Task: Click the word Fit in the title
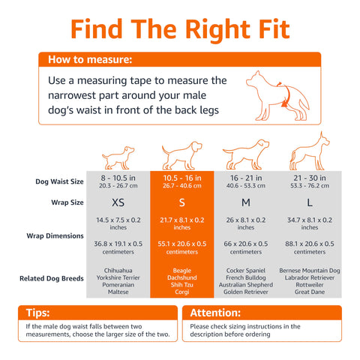pos(274,29)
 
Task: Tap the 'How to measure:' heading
pos(90,59)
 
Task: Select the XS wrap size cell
pos(118,202)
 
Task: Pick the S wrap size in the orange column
pos(182,202)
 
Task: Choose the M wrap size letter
pos(246,202)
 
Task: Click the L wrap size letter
pos(310,202)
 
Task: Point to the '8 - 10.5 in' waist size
pos(118,178)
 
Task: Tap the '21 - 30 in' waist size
pos(310,178)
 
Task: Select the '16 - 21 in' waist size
pos(246,178)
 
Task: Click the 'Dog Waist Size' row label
pos(59,181)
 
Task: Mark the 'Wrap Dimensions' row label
pos(55,235)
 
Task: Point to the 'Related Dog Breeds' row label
pos(52,278)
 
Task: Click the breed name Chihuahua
pos(118,271)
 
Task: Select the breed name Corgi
pos(182,292)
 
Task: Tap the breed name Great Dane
pos(310,292)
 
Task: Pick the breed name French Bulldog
pos(246,277)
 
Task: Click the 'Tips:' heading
pos(37,313)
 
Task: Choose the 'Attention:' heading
pos(215,313)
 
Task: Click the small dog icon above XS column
pos(118,157)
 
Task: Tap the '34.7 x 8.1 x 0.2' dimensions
pos(310,220)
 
